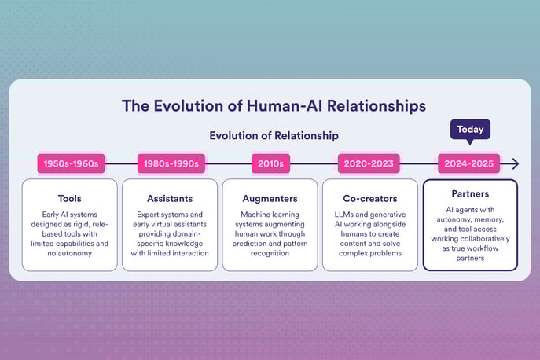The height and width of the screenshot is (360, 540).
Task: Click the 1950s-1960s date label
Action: (71, 163)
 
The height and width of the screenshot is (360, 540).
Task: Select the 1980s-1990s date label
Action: (169, 163)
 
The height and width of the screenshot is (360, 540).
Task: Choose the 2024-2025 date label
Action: (469, 163)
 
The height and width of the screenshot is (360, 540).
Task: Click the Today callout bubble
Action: (469, 129)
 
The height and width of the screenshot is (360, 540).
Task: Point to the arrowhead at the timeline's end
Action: (514, 163)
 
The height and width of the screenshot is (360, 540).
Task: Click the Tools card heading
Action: (69, 198)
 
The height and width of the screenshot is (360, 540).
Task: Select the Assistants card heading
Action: (170, 198)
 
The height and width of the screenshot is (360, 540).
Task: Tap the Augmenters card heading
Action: (270, 198)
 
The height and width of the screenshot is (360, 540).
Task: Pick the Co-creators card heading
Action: (369, 198)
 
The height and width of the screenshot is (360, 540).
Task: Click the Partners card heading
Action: (470, 193)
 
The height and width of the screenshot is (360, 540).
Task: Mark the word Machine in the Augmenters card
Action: (256, 214)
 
